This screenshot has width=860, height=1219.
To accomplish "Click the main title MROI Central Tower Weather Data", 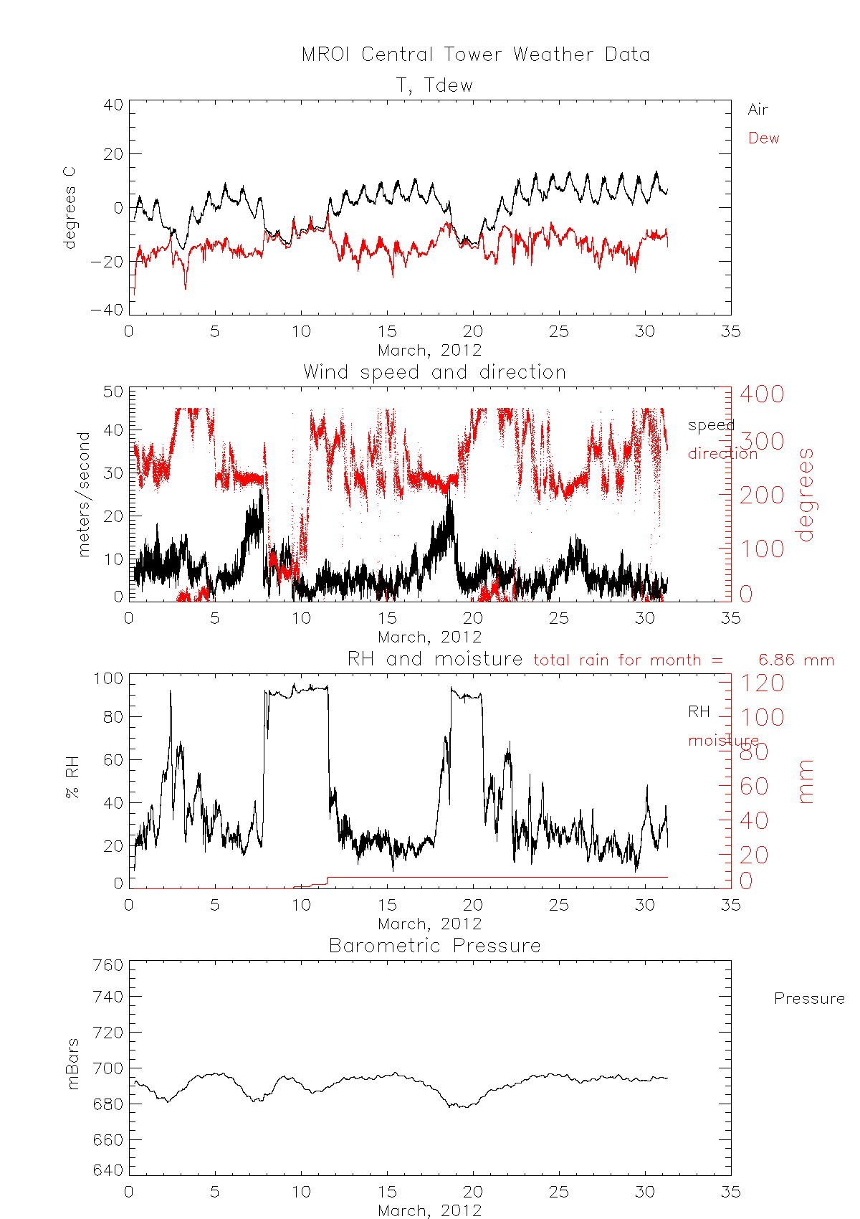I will [x=475, y=54].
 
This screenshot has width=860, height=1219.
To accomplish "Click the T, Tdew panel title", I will [x=435, y=85].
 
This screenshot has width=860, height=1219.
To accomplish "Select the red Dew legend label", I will [x=763, y=138].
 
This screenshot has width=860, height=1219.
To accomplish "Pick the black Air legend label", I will [x=758, y=110].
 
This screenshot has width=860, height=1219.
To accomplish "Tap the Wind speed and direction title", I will [x=434, y=372].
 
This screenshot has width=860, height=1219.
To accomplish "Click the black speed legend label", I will [x=710, y=425].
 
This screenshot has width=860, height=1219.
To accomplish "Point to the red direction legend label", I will [x=722, y=453].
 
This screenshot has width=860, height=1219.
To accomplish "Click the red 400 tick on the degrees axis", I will [x=762, y=394].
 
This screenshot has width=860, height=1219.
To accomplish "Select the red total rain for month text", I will [x=628, y=660].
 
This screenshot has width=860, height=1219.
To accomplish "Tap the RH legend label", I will [x=699, y=712].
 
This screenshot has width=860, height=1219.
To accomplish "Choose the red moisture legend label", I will [x=723, y=740].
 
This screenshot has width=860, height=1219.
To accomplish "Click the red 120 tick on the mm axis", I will [x=762, y=683].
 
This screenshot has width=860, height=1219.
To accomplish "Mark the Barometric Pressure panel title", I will [x=434, y=946].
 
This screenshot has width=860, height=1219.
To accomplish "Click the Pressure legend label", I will [x=808, y=999].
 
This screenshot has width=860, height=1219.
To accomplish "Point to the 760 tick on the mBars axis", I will [x=108, y=965].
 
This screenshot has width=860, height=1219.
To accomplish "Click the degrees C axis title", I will [x=70, y=208].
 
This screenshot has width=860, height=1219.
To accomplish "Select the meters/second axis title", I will [x=85, y=494].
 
